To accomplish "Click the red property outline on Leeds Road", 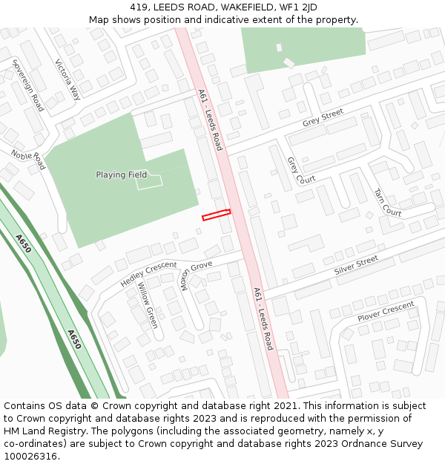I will tap(216, 215).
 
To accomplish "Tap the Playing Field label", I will tap(121, 175).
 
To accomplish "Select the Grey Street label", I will tap(323, 117).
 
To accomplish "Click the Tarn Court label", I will tap(388, 202).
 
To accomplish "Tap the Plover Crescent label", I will tap(386, 312).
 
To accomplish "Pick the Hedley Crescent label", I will tap(148, 274).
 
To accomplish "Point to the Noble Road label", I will tap(28, 159).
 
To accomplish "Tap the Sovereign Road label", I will tap(28, 86).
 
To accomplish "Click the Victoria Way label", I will tap(67, 79).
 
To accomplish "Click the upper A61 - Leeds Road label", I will tap(210, 120).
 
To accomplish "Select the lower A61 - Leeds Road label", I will tap(263, 318).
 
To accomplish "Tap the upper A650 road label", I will tap(23, 244).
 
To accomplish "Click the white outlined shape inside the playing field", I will tap(150, 180).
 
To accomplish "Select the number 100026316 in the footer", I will tap(30, 457).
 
